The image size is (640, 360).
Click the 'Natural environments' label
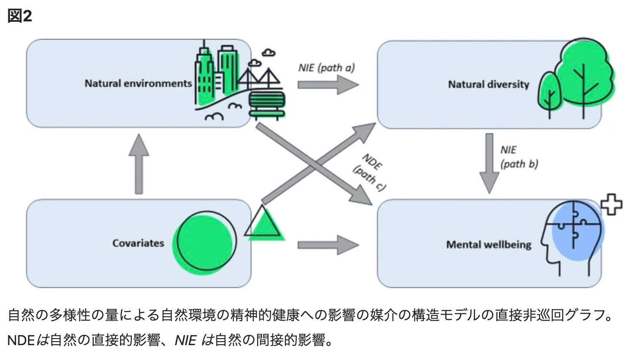click(138, 83)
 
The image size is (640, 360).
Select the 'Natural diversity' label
click(489, 85)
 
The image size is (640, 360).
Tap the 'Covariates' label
click(138, 243)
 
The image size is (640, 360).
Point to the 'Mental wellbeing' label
click(489, 245)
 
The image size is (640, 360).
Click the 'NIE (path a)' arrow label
click(327, 68)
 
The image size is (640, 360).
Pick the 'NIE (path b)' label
click(519, 157)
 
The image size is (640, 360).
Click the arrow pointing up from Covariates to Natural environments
click(139, 164)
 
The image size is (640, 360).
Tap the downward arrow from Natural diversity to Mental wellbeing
click(489, 163)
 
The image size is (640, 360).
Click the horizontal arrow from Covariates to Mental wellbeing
click(328, 245)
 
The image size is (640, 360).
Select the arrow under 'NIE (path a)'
click(328, 85)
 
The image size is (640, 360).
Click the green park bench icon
click(267, 105)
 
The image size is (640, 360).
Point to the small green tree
click(550, 95)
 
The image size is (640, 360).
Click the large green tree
click(584, 77)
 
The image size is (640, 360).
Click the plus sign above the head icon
click(612, 204)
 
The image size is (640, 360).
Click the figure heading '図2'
click(20, 16)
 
